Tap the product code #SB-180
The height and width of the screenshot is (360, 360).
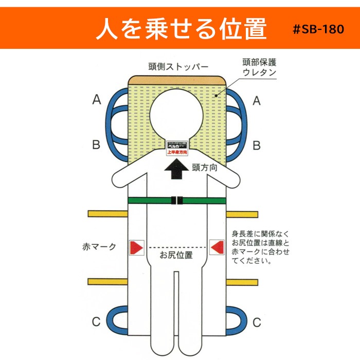(x=318, y=30)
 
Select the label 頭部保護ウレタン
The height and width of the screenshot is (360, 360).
(x=259, y=67)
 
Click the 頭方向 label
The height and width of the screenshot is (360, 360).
(x=207, y=167)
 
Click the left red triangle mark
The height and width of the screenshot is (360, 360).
(x=137, y=247)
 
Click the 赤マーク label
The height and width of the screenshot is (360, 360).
(x=99, y=247)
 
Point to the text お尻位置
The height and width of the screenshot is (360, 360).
(x=176, y=255)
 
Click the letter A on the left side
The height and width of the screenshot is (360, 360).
(x=96, y=101)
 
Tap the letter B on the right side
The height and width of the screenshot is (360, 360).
(x=256, y=145)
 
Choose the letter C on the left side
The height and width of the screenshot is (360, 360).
(x=96, y=322)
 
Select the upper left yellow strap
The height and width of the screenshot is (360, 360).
(x=107, y=213)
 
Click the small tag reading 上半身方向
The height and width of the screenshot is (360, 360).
(x=176, y=152)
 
